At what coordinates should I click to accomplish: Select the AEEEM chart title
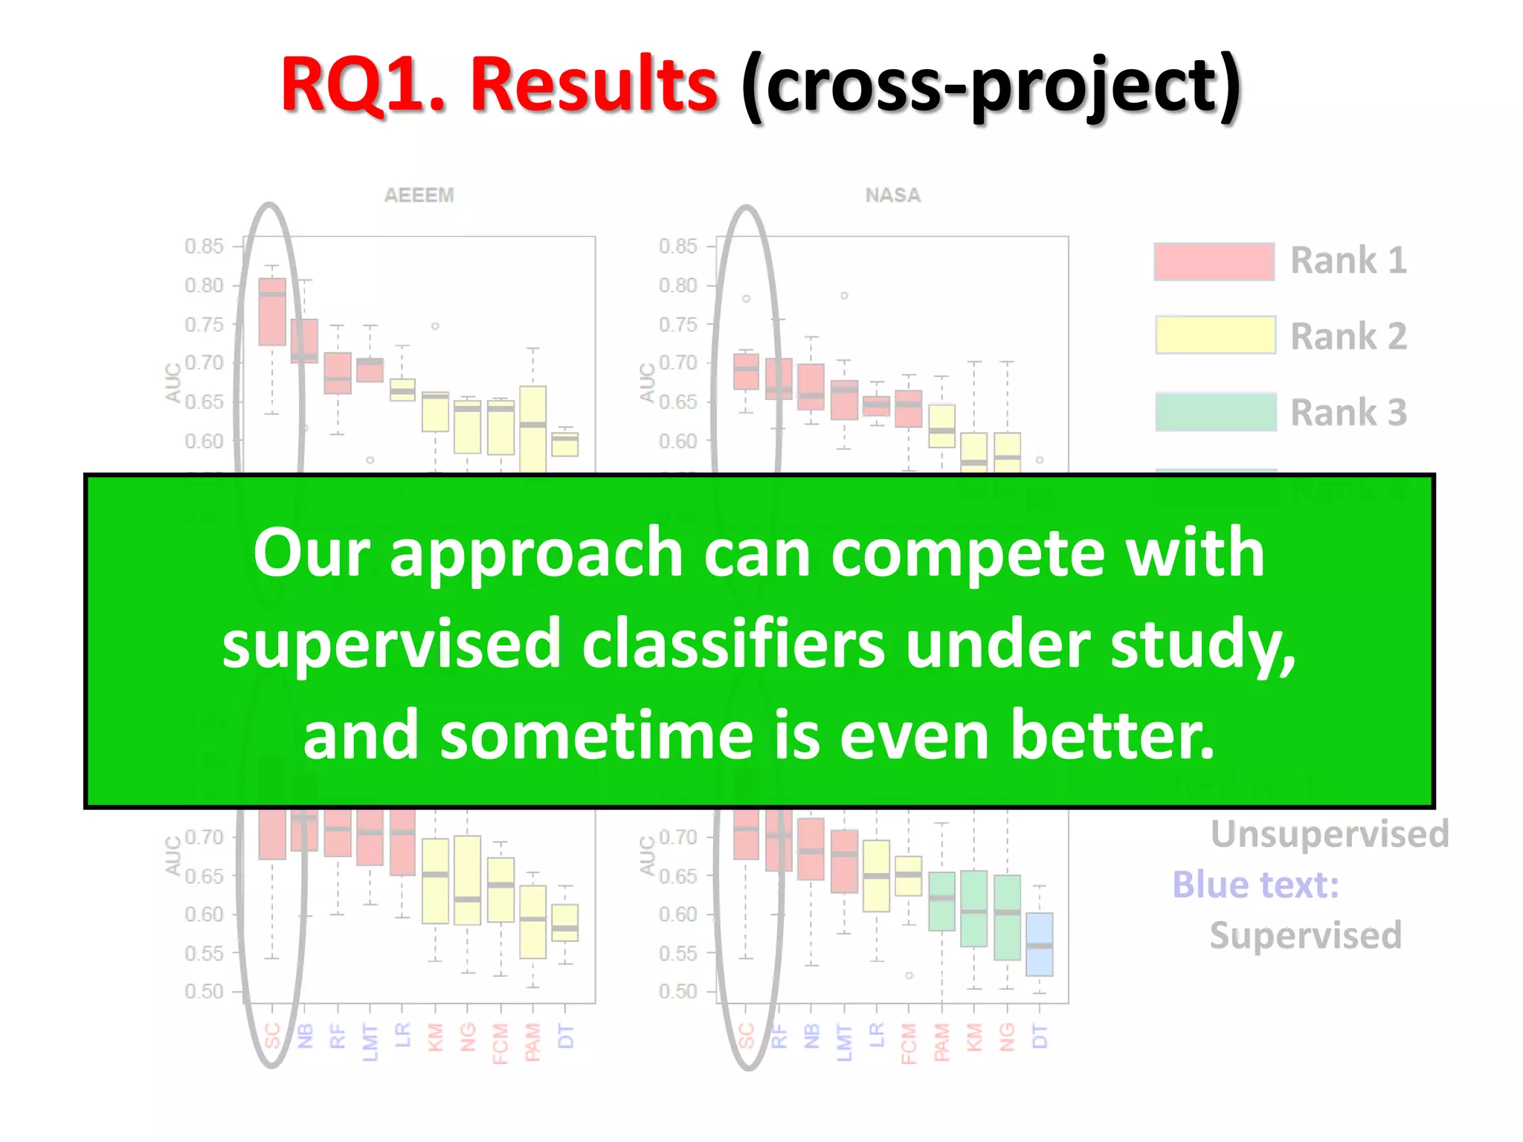click(x=419, y=195)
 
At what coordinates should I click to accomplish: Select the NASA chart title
click(x=892, y=195)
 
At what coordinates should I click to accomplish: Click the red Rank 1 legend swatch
click(x=1214, y=262)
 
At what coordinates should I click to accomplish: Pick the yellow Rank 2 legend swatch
click(x=1215, y=335)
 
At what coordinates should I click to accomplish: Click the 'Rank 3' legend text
click(x=1347, y=413)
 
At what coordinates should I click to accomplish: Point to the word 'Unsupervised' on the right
click(x=1330, y=833)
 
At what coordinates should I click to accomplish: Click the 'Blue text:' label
click(x=1255, y=885)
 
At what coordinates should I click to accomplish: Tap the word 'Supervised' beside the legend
click(x=1305, y=935)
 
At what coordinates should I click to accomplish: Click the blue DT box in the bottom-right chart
click(x=1039, y=944)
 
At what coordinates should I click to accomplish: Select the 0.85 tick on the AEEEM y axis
click(x=204, y=246)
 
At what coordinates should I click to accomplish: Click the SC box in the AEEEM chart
click(x=272, y=312)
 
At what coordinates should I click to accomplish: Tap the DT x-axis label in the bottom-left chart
click(x=565, y=1036)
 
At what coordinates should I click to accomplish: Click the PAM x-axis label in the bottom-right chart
click(x=942, y=1042)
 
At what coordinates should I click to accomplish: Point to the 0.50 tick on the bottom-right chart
click(x=677, y=992)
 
